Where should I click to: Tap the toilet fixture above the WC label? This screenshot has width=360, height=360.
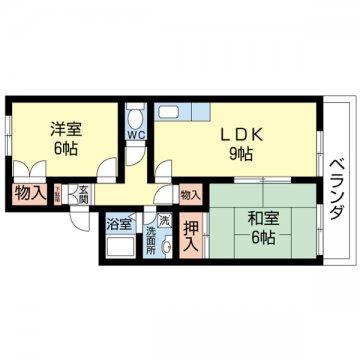click(x=134, y=115)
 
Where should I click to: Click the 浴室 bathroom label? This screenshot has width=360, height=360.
click(x=118, y=221)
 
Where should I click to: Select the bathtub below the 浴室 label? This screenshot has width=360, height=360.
click(x=120, y=247)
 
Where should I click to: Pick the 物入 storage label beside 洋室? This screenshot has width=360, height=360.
click(x=29, y=192)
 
